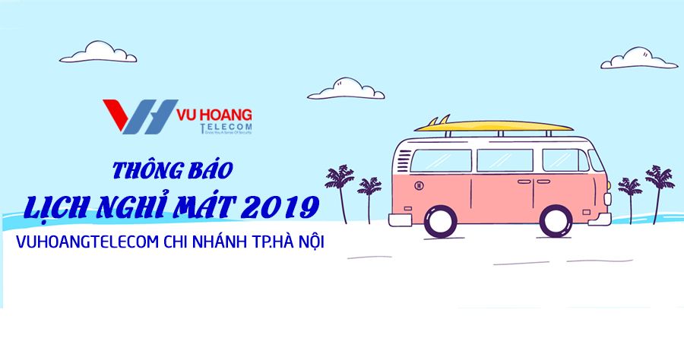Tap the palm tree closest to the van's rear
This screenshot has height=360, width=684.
click(x=370, y=194)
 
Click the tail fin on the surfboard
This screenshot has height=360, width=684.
click(x=432, y=121)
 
